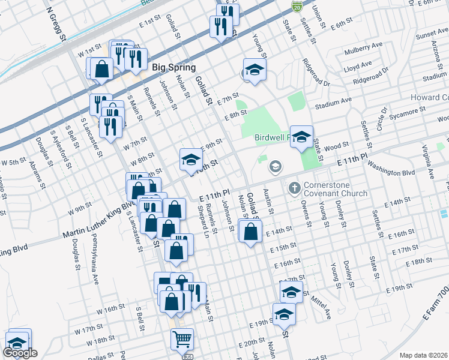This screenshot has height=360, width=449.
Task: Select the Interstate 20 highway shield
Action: [x=297, y=7]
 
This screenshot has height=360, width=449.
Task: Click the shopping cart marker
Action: [x=182, y=339]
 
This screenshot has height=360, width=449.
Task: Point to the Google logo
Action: [x=20, y=353]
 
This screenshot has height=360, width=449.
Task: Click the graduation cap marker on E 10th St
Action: [x=191, y=159]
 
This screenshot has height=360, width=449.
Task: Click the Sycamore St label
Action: [x=406, y=112]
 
